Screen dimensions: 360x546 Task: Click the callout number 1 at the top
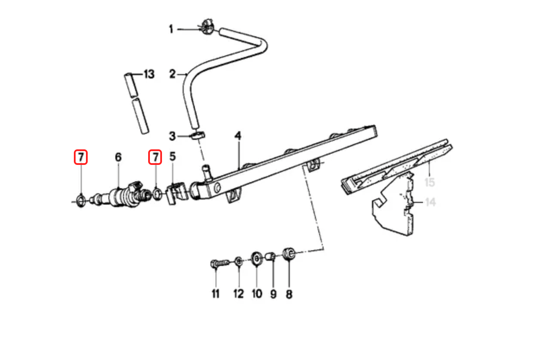pos(171,29)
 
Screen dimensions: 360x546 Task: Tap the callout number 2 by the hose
pos(172,75)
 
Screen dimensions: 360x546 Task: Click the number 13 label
pos(148,75)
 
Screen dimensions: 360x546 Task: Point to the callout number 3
pos(172,137)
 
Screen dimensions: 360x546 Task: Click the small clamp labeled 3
pos(197,136)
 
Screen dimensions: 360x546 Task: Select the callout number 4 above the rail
pos(238,136)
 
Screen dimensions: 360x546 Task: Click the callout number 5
pos(172,156)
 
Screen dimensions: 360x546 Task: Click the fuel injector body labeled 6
pos(123,196)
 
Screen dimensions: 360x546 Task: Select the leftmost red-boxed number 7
pos(81,157)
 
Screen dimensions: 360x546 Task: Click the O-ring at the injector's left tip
pos(80,200)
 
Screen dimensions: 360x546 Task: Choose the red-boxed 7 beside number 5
pos(155,157)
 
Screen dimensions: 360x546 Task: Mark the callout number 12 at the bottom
pos(238,294)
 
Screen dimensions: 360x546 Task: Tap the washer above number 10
pos(257,259)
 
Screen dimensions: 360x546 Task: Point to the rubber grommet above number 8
pos(289,253)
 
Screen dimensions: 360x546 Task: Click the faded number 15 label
pos(429,182)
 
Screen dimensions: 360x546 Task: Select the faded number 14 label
pos(430,202)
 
